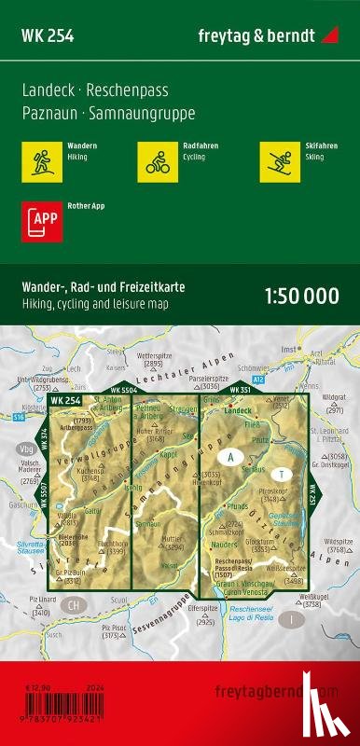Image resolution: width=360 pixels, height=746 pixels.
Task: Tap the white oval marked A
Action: point(228,457)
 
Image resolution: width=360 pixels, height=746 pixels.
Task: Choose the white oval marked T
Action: point(280,473)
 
